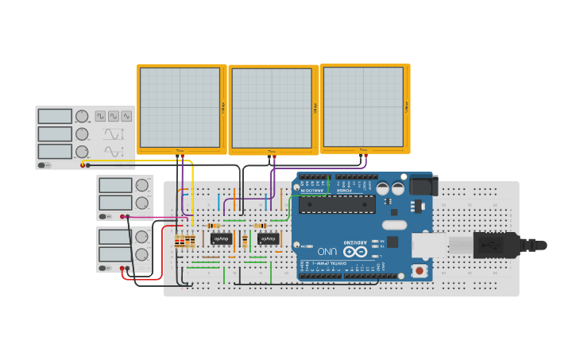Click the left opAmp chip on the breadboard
[x=221, y=238]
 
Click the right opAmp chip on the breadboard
[x=268, y=238]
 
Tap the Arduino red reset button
[x=419, y=271]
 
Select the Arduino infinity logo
[x=355, y=251]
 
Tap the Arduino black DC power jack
[x=422, y=186]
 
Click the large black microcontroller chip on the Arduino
[x=337, y=204]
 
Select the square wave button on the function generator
[x=101, y=116]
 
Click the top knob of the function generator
[x=82, y=116]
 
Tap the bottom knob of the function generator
[x=82, y=151]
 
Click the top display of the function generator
[x=55, y=116]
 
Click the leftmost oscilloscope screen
[x=180, y=107]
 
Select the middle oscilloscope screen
[x=272, y=108]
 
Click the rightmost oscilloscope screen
[x=364, y=106]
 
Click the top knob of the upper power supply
[x=141, y=185]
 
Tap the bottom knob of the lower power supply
[x=141, y=254]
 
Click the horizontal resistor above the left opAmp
[x=214, y=226]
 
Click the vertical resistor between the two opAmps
[x=245, y=240]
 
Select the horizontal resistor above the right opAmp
[x=260, y=226]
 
